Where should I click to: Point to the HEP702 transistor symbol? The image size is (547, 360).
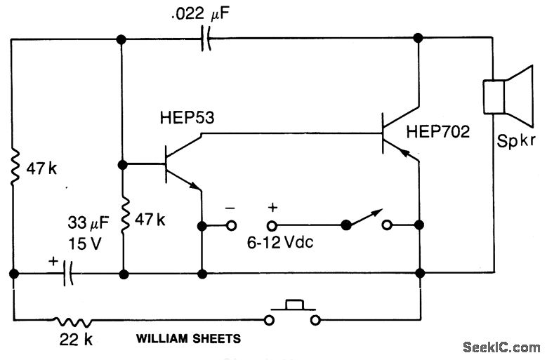click(390, 133)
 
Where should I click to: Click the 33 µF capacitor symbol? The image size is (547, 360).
click(67, 273)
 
